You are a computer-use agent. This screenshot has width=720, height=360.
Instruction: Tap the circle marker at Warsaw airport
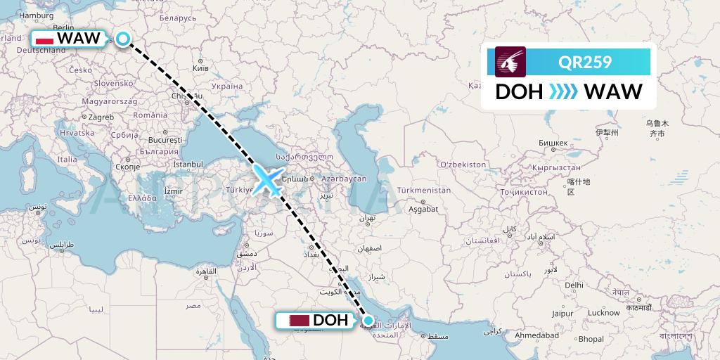pyautogui.click(x=123, y=39)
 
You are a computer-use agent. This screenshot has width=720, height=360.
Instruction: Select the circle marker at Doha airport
pyautogui.click(x=368, y=320)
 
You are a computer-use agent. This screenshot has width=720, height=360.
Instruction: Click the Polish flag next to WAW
pyautogui.click(x=45, y=39)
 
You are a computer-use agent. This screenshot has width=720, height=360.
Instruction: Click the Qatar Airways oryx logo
pyautogui.click(x=510, y=62)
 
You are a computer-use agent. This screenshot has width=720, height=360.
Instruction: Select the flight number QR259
pyautogui.click(x=585, y=62)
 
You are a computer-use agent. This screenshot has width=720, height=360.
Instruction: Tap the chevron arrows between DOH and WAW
pyautogui.click(x=562, y=92)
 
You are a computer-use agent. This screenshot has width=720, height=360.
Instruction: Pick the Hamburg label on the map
pyautogui.click(x=32, y=15)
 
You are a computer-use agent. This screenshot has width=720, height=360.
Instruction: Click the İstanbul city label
pyautogui.click(x=188, y=165)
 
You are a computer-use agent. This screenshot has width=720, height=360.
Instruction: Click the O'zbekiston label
pyautogui.click(x=462, y=164)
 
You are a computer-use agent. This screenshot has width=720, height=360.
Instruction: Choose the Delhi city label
pyautogui.click(x=574, y=285)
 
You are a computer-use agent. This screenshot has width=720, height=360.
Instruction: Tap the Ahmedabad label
pyautogui.click(x=537, y=335)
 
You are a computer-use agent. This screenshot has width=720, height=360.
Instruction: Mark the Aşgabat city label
pyautogui.click(x=423, y=209)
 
